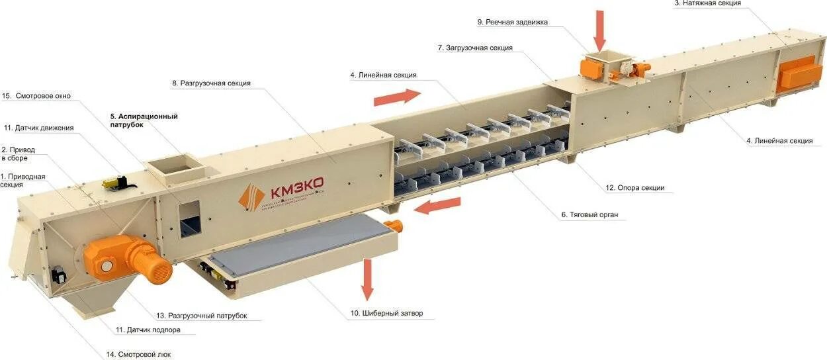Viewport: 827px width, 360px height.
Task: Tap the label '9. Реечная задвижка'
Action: point(512,22)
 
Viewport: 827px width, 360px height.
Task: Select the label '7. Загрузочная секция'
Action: point(474,48)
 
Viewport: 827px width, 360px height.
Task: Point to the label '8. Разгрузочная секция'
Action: point(211,83)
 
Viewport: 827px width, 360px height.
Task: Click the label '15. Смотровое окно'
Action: point(36,96)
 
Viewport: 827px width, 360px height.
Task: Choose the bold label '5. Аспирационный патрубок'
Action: point(144,120)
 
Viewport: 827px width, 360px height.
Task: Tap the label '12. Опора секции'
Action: point(634,188)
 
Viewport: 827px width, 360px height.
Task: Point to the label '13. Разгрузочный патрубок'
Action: point(201,316)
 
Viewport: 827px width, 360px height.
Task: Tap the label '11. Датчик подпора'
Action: point(148,330)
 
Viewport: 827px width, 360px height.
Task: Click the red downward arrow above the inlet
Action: point(599,30)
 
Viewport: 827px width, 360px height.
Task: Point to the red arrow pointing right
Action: point(397,97)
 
